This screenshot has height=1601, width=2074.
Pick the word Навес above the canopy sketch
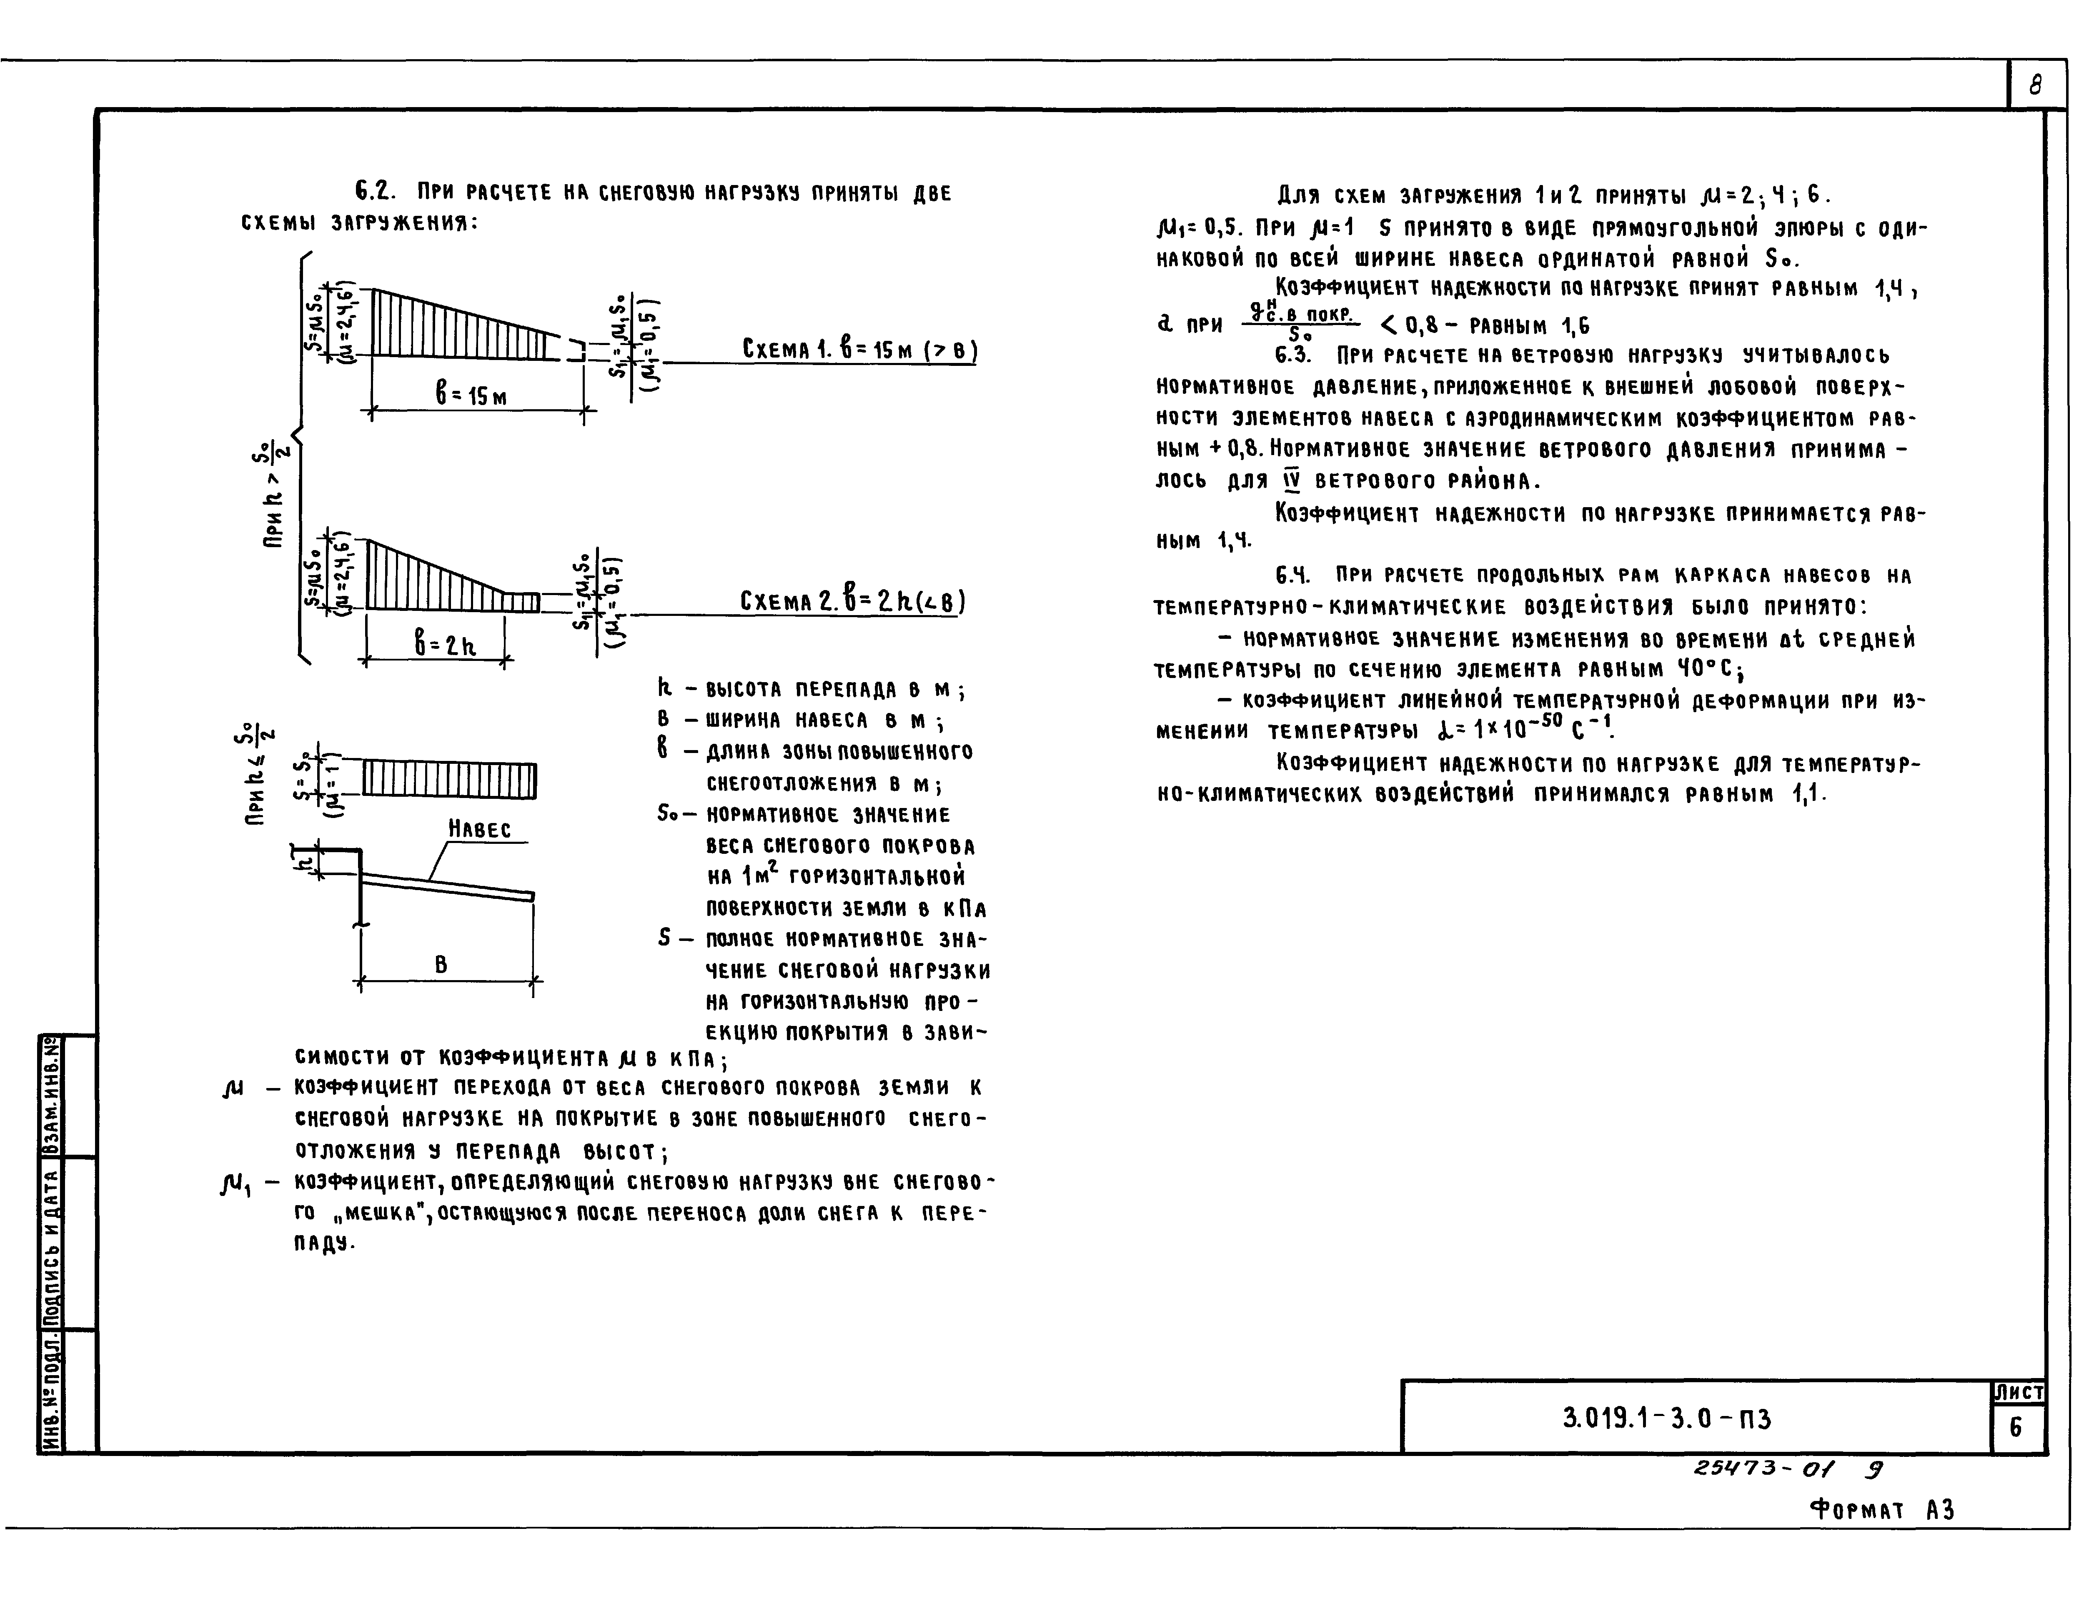[x=480, y=829]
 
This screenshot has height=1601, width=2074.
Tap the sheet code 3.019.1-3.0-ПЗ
[x=1667, y=1418]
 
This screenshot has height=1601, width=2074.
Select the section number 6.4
[x=1293, y=575]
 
